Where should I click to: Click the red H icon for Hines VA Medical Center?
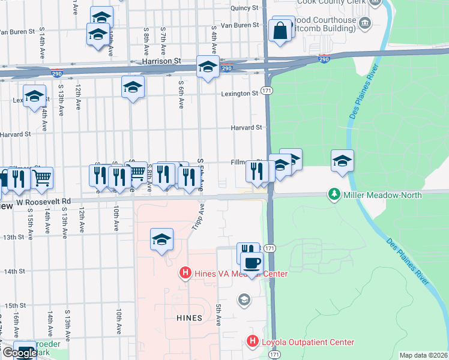pos(185,274)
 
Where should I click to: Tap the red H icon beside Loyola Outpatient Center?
pos(253,343)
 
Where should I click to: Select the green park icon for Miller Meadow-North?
pos(334,195)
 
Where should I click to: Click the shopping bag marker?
pos(280,30)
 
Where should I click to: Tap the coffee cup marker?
pos(252,262)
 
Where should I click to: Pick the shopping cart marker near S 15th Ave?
pos(41,178)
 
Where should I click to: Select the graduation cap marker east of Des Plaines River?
pos(342,161)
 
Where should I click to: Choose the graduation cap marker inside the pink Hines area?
pos(161,239)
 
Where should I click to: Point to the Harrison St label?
pos(161,61)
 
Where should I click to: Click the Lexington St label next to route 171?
pos(239,94)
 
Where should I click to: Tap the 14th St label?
pos(13,271)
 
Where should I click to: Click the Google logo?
pos(19,353)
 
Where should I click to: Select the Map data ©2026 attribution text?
pos(423,355)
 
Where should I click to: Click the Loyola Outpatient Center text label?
pos(308,343)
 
